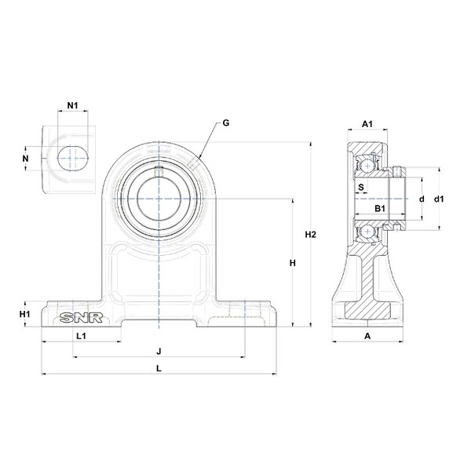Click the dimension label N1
[x=72, y=105]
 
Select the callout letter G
[x=225, y=122]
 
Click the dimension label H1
[x=25, y=314]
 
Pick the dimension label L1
[x=80, y=336]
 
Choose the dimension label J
[x=159, y=350]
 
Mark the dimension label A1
[x=366, y=124]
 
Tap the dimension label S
[x=360, y=187]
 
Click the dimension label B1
[x=378, y=208]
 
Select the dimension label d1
[x=440, y=199]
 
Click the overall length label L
[x=159, y=367]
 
